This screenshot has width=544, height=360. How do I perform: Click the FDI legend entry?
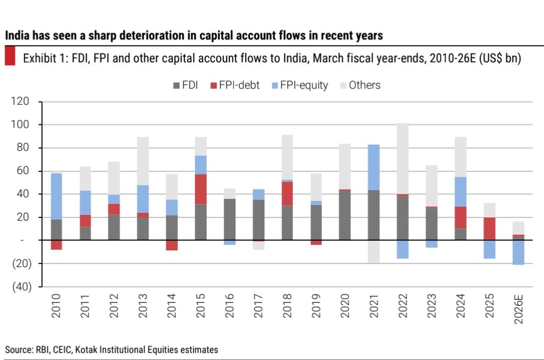click(185, 85)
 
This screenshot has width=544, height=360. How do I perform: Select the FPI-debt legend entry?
click(235, 85)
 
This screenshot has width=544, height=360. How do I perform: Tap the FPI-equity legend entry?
click(300, 85)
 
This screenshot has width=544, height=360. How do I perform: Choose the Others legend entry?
click(360, 85)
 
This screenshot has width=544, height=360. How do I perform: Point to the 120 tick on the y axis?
click(20, 101)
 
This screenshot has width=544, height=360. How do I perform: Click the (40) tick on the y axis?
click(22, 287)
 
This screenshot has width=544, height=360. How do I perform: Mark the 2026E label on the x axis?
click(518, 309)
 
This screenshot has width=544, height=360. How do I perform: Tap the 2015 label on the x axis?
click(201, 305)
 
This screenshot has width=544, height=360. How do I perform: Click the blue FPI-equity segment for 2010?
click(56, 196)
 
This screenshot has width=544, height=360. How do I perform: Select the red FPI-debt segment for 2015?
click(201, 189)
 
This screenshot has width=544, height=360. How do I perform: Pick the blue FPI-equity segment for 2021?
click(374, 167)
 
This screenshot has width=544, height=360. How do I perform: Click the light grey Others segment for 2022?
click(403, 159)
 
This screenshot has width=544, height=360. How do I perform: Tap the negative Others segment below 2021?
click(374, 252)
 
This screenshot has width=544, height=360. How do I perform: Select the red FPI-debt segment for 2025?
click(489, 228)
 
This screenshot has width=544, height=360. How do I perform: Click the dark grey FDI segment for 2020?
click(345, 215)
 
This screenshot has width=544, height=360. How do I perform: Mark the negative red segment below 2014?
click(172, 245)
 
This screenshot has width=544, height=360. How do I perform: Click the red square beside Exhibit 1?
click(10, 56)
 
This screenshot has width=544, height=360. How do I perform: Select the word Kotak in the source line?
click(86, 350)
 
